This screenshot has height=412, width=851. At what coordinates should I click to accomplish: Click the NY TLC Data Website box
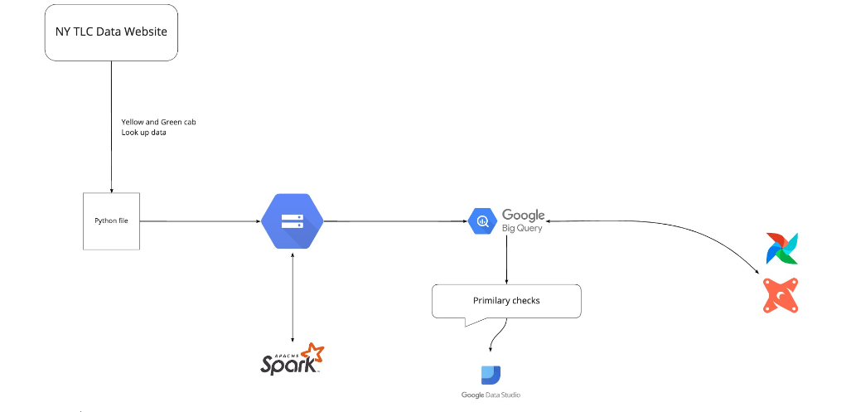coord(111,32)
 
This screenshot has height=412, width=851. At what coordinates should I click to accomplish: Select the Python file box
coord(111,221)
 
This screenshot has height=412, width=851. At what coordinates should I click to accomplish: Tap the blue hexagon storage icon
coord(292,221)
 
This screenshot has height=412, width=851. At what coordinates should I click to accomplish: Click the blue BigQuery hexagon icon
coord(482,221)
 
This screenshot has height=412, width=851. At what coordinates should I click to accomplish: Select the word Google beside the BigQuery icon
coord(523,216)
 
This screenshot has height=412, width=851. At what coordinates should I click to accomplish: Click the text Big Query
coord(522,228)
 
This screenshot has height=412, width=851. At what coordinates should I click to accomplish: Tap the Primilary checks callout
coord(506,300)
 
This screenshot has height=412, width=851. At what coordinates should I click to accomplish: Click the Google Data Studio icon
coord(491,375)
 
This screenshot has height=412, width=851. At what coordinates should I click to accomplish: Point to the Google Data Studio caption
coord(491,395)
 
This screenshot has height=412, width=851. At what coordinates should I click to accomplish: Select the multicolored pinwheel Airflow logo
coord(781,249)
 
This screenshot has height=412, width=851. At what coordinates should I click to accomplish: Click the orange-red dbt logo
coord(781,295)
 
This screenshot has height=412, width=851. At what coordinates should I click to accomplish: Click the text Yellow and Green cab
coord(158,122)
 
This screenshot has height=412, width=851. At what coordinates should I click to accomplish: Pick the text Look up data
coord(144,133)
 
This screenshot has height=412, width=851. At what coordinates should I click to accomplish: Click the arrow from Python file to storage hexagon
coord(199,221)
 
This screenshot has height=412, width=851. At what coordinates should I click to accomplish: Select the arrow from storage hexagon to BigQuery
coord(394,221)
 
